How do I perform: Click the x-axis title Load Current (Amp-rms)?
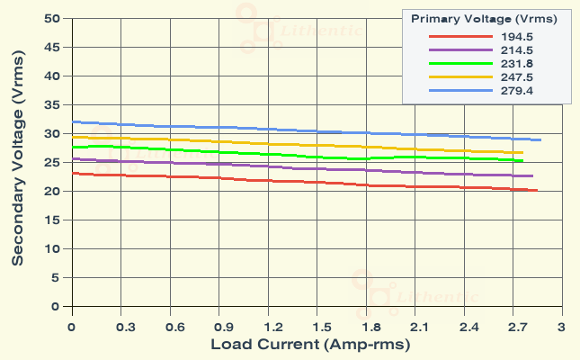point(310,345)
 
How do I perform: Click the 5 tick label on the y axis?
point(55,278)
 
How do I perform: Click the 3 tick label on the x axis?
point(561,326)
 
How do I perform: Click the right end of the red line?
point(537,191)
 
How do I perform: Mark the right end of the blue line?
point(540,139)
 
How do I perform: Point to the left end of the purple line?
point(72,159)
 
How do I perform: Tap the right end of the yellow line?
point(522,153)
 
